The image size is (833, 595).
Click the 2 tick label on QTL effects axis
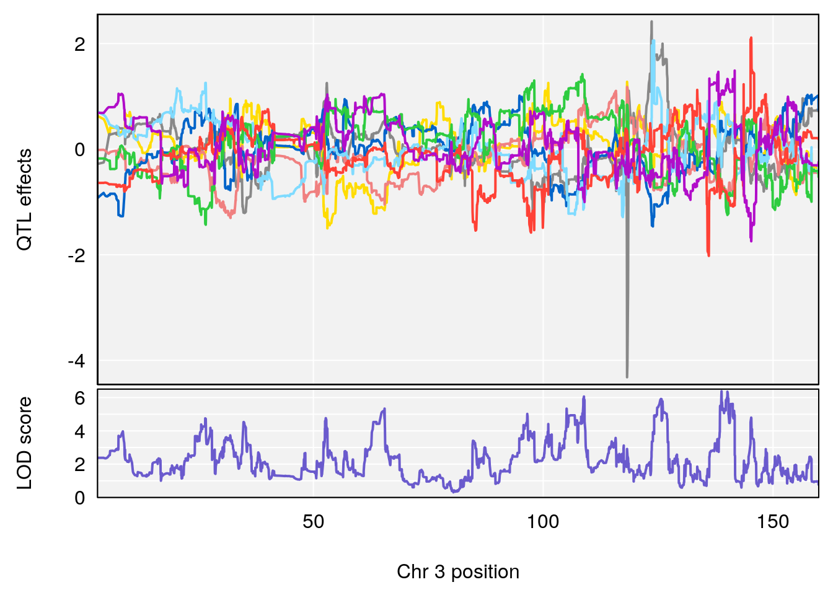pos(79,45)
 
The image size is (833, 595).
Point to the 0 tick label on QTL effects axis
pos(79,150)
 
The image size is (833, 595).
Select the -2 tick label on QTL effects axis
pos(76,255)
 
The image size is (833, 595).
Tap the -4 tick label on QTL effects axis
pos(76,361)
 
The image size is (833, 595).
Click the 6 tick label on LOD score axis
pos(79,399)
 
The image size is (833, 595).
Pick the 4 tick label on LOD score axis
pos(79,432)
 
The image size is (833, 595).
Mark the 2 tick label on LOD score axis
pos(79,465)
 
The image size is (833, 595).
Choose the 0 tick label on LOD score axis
pos(79,498)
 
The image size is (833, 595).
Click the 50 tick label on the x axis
pos(314,522)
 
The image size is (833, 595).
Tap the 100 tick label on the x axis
pos(543,522)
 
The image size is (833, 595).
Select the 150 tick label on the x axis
pos(773,522)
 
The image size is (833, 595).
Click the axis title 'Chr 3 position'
pos(458,571)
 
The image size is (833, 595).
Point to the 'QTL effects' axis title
pos(24,200)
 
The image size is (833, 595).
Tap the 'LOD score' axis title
pos(24,443)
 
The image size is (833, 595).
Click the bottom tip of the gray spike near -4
pos(627,376)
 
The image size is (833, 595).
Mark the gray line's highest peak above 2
pos(651,22)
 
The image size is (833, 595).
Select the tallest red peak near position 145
pos(751,38)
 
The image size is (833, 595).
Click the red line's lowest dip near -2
pos(708,255)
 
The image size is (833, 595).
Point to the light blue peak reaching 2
pos(654,41)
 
